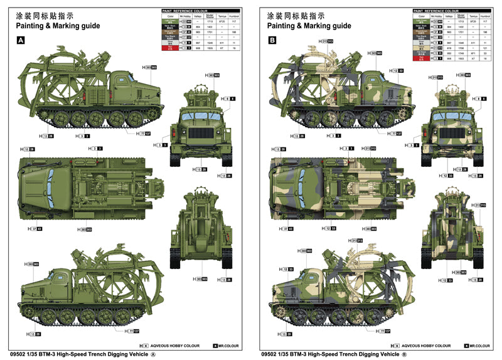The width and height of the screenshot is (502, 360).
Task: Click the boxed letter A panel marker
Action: click(21, 40)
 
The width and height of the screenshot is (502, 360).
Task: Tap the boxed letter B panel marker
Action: click(272, 40)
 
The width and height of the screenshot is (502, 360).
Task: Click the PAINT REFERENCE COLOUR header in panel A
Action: click(185, 11)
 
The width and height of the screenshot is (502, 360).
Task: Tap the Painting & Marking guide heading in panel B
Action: click(309, 26)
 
